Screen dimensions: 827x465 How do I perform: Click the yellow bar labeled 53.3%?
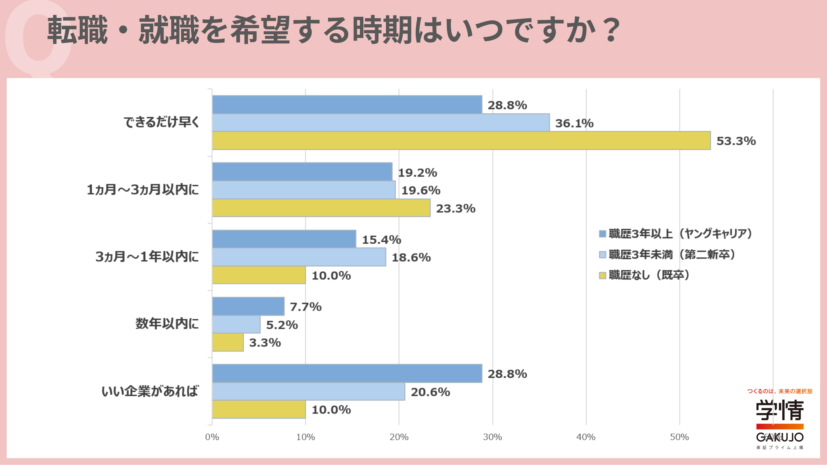pyautogui.click(x=461, y=141)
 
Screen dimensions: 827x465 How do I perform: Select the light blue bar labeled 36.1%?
pyautogui.click(x=381, y=123)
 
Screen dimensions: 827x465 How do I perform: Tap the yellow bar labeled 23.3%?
pyautogui.click(x=321, y=208)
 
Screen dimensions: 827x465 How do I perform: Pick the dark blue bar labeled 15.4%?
pyautogui.click(x=284, y=239)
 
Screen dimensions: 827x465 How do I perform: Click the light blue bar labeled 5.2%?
pyautogui.click(x=236, y=324)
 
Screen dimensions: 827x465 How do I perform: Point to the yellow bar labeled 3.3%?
pyautogui.click(x=228, y=342)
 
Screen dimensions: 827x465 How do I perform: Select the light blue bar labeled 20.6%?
pyautogui.click(x=308, y=392)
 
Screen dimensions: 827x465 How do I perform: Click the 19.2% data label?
pyautogui.click(x=417, y=173)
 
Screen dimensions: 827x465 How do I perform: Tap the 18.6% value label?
pyautogui.click(x=411, y=257)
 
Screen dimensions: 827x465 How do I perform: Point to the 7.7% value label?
pyautogui.click(x=306, y=307)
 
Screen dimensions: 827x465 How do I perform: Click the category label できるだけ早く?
pyautogui.click(x=162, y=122)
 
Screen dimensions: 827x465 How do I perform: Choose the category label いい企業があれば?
pyautogui.click(x=150, y=391)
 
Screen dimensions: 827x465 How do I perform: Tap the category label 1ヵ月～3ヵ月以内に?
pyautogui.click(x=143, y=189)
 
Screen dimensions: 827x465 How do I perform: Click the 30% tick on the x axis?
pyautogui.click(x=492, y=437)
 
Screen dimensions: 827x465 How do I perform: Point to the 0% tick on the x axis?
pyautogui.click(x=212, y=437)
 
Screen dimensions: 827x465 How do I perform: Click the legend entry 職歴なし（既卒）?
pyautogui.click(x=644, y=275)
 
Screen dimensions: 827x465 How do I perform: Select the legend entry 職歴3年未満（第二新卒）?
pyautogui.click(x=667, y=254)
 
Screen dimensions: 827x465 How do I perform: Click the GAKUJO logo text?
pyautogui.click(x=780, y=437)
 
